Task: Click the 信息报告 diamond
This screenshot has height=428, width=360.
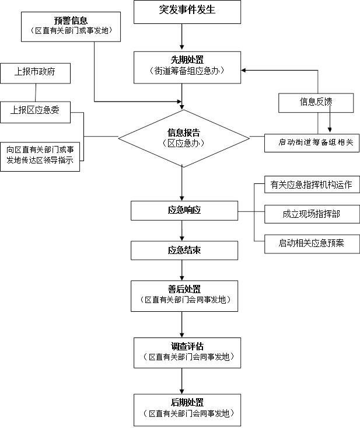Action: [x=184, y=138]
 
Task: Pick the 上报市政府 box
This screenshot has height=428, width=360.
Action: [x=36, y=73]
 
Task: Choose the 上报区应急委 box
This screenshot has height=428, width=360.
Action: [x=35, y=111]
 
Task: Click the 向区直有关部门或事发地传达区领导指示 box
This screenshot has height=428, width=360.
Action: [x=40, y=155]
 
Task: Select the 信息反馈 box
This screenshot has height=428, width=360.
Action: [x=316, y=102]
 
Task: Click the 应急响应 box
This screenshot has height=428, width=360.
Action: [x=184, y=210]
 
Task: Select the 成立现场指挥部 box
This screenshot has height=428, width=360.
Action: [x=312, y=214]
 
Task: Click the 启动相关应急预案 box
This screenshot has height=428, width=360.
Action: [x=312, y=243]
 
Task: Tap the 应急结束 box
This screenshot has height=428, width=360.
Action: [x=184, y=251]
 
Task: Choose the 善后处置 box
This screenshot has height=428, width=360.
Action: [x=187, y=295]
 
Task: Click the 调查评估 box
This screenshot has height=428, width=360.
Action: [x=187, y=352]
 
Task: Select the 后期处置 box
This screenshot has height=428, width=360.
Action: [x=187, y=409]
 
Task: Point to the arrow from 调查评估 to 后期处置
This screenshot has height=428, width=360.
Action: [x=183, y=381]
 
